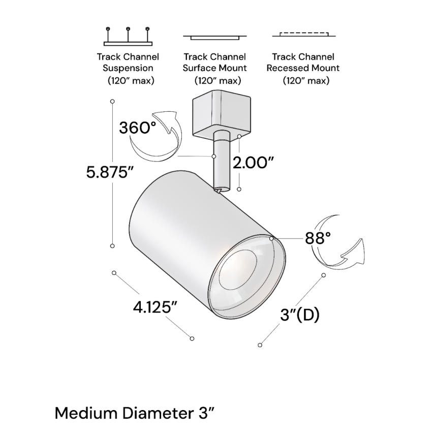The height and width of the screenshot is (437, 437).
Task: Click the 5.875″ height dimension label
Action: point(109,172)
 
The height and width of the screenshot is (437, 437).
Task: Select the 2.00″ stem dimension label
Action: point(253,163)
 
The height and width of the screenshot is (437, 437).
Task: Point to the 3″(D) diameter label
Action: point(299,315)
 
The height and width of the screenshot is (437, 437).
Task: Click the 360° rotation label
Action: point(137,127)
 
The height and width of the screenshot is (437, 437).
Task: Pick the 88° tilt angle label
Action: point(318,238)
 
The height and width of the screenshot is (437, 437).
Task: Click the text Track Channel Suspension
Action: point(128,63)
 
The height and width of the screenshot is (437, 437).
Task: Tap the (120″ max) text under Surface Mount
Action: point(217,81)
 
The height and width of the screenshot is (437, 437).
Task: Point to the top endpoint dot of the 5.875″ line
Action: point(112,103)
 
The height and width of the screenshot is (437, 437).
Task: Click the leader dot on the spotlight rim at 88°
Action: point(272,238)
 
